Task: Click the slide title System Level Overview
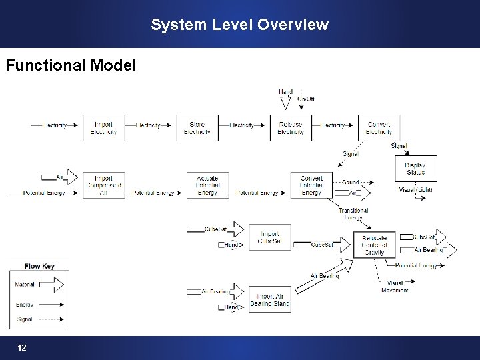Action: pos(239,25)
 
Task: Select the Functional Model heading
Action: pos(71,65)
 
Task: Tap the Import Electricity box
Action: pos(103,128)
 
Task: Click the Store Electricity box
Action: pos(197,128)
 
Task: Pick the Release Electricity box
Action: pos(291,128)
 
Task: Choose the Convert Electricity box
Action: pos(379,128)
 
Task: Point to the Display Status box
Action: pos(416,169)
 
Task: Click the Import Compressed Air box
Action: pos(103,185)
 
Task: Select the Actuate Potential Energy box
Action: pos(207,185)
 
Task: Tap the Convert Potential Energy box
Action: pos(311,185)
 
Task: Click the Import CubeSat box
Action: pos(270,237)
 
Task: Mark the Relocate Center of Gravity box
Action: pos(374,245)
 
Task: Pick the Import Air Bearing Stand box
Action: pos(270,300)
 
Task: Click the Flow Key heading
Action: pos(39,267)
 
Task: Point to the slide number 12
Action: pos(22,348)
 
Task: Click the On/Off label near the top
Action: pos(306,99)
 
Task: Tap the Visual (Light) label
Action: pos(415,190)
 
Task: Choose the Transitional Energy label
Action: pos(353,214)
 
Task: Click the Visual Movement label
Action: pos(395,287)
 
